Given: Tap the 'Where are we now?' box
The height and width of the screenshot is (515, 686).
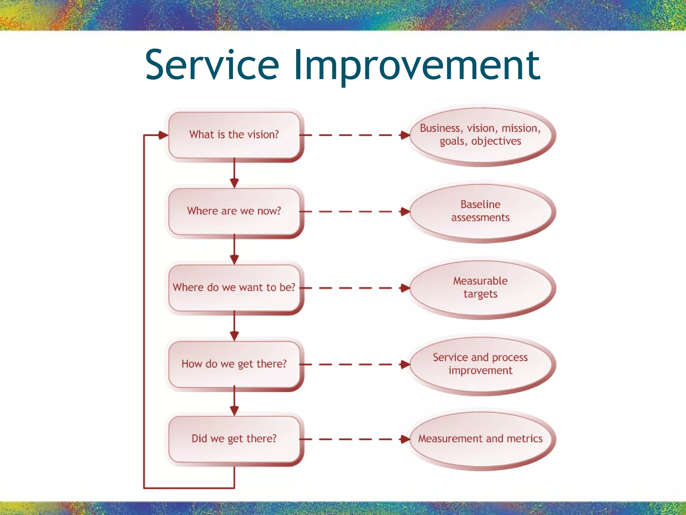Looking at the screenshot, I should coord(234,211).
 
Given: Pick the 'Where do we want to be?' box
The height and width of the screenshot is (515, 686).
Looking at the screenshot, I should coord(234,288).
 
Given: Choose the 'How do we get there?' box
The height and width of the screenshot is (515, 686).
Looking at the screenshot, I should coord(234,364).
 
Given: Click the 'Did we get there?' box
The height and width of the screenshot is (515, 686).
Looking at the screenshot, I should coord(234,439).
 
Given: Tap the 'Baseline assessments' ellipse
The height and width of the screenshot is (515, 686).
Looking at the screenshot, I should coord(480,211).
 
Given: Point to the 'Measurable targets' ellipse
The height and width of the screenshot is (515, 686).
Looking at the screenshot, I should coord(480,288).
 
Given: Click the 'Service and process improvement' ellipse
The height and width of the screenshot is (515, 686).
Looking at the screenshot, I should coord(480,364).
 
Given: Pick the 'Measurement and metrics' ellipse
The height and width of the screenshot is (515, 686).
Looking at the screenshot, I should coord(480,439).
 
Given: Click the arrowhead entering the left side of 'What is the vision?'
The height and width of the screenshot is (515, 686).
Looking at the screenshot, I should coord(163,135).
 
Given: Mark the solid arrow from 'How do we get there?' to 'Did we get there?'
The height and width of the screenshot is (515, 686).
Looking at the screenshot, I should coord(234,401).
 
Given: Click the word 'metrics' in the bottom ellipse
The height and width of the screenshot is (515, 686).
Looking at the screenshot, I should coord(525,439).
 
